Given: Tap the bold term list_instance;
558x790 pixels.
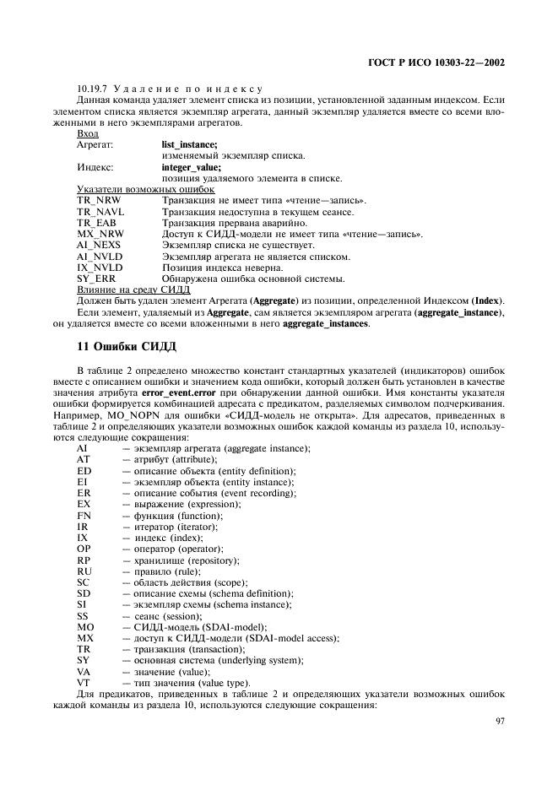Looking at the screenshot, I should [x=189, y=145].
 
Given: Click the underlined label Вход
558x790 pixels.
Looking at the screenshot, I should [x=87, y=133].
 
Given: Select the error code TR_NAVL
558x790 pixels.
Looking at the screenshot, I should [x=99, y=212].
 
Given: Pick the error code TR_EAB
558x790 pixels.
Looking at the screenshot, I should [x=95, y=223].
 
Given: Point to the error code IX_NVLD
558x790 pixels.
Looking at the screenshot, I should [x=99, y=268].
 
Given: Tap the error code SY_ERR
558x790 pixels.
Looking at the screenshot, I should [x=95, y=279].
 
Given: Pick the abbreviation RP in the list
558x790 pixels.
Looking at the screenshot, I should [x=84, y=560].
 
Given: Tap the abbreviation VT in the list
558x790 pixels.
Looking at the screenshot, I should [x=84, y=681].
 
